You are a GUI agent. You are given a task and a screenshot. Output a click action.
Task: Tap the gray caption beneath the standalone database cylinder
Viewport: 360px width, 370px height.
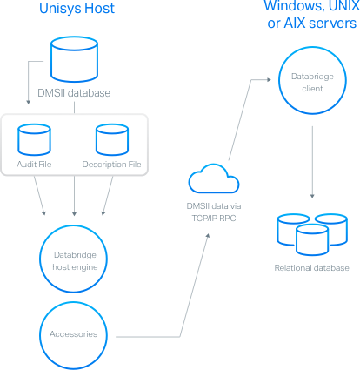tap(77, 93)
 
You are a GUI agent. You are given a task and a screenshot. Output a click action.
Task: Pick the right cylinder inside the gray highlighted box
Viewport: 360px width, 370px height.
tap(110, 138)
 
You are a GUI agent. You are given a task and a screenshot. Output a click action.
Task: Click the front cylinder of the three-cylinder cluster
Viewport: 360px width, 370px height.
tap(309, 236)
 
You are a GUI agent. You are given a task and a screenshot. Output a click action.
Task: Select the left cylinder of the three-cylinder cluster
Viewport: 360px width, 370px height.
tap(289, 227)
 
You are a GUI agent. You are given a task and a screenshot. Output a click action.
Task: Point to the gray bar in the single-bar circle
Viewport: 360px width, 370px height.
tap(73, 335)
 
